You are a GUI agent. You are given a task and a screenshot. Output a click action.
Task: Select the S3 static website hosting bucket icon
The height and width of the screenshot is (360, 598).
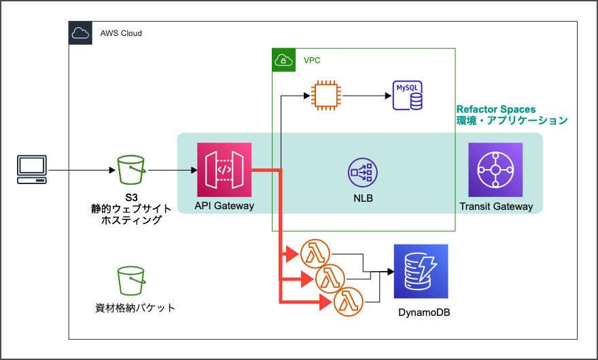[x=131, y=170]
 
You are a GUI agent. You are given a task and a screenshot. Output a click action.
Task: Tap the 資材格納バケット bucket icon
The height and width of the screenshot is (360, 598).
[x=131, y=281]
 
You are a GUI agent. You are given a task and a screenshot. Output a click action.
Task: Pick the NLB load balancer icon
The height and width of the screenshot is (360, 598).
[x=361, y=173]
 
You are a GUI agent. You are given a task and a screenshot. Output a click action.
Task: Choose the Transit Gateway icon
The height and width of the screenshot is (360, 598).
[x=495, y=170]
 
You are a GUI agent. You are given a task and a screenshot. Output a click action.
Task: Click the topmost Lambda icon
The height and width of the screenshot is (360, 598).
[x=315, y=253]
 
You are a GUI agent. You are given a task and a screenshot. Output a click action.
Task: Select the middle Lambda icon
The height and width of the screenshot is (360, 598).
[x=330, y=277]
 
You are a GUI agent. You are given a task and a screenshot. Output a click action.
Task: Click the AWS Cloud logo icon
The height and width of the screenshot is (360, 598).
[x=80, y=33]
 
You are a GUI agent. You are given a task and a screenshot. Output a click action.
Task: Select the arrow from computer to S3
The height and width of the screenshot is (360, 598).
[x=80, y=170]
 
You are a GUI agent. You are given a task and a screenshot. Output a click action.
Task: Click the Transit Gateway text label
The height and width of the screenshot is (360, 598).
[x=496, y=206]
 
